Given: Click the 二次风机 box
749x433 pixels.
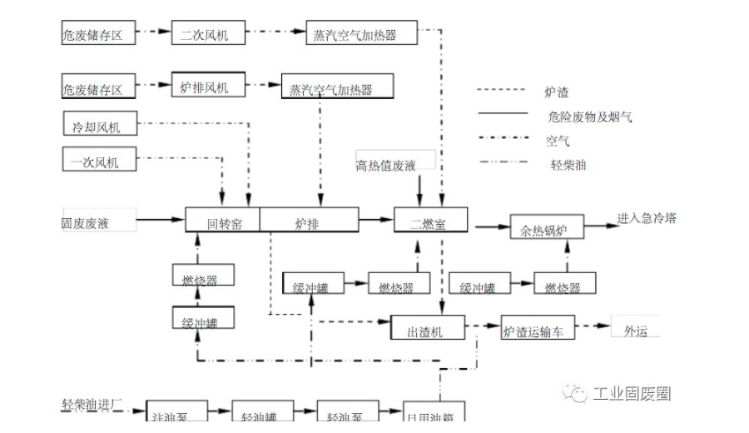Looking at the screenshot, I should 203,34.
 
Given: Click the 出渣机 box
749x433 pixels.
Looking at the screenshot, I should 427,328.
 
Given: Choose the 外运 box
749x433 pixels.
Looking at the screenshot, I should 635,327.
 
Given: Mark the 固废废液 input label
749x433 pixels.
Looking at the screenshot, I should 86,222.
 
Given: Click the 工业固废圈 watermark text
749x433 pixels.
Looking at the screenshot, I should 631,394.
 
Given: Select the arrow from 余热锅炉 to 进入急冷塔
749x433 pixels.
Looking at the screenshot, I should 600,221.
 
